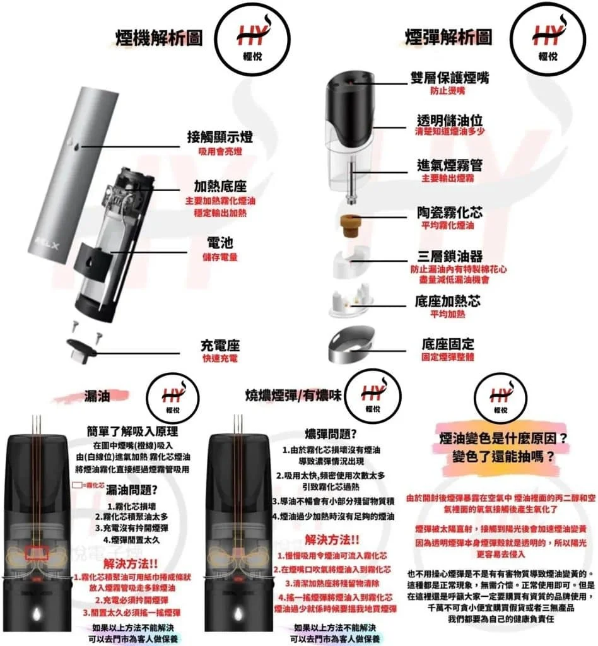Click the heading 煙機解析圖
pos(158,37)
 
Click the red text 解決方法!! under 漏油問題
pos(128,563)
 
